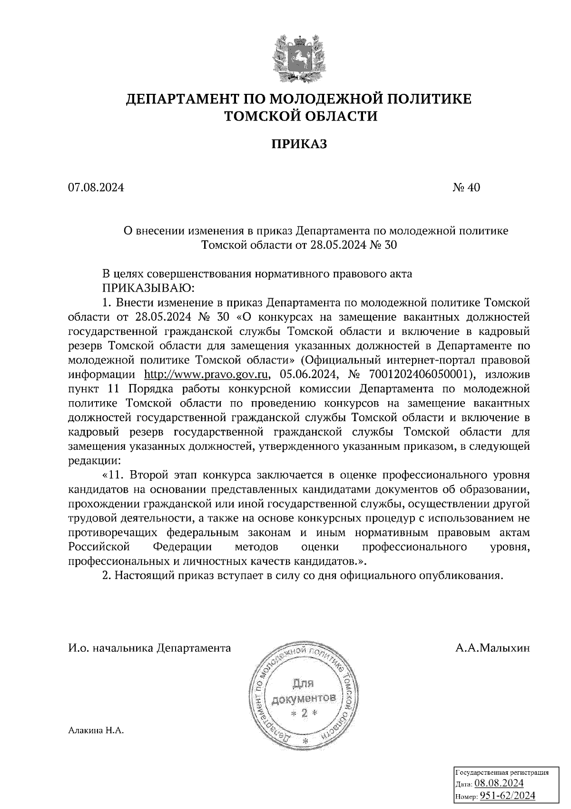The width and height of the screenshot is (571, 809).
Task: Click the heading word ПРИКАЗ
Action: tap(299, 144)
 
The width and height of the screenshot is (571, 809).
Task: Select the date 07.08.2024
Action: tap(96, 188)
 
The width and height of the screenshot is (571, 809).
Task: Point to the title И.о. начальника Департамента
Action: tap(149, 648)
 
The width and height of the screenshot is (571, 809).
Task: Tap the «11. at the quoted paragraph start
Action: tap(114, 475)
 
